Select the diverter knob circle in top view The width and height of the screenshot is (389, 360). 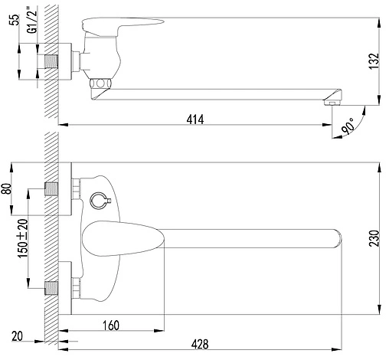(97, 200)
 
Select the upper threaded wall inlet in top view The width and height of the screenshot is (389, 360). (52, 188)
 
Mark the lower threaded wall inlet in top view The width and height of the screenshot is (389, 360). (52, 288)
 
